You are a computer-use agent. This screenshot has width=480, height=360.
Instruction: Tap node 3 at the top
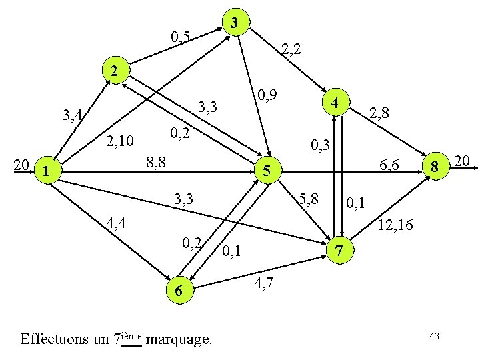click(233, 23)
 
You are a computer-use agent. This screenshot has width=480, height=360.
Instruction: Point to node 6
click(177, 291)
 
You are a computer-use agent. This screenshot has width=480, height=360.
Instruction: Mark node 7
click(339, 251)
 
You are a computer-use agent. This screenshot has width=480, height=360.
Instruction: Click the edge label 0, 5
click(181, 37)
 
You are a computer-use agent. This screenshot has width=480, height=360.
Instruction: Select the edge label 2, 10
click(121, 141)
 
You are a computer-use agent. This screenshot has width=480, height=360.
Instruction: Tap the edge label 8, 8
click(156, 161)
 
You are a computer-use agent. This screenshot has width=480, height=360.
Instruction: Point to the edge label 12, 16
click(396, 226)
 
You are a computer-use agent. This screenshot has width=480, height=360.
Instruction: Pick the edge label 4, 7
click(263, 285)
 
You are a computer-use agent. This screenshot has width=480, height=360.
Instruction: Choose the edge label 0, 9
click(267, 96)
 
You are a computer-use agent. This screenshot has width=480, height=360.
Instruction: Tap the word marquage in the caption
click(179, 339)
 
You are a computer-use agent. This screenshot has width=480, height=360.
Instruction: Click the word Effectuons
click(56, 339)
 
